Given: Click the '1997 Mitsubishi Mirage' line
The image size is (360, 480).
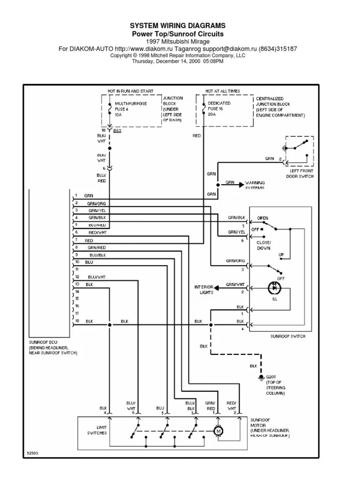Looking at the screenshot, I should (177, 41).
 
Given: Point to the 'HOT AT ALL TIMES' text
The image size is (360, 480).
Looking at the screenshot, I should (223, 91).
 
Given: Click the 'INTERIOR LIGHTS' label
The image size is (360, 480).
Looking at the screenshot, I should (204, 289).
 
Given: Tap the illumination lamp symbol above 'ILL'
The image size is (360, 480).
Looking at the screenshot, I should (273, 287).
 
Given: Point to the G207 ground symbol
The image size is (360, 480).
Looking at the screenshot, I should (259, 377).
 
